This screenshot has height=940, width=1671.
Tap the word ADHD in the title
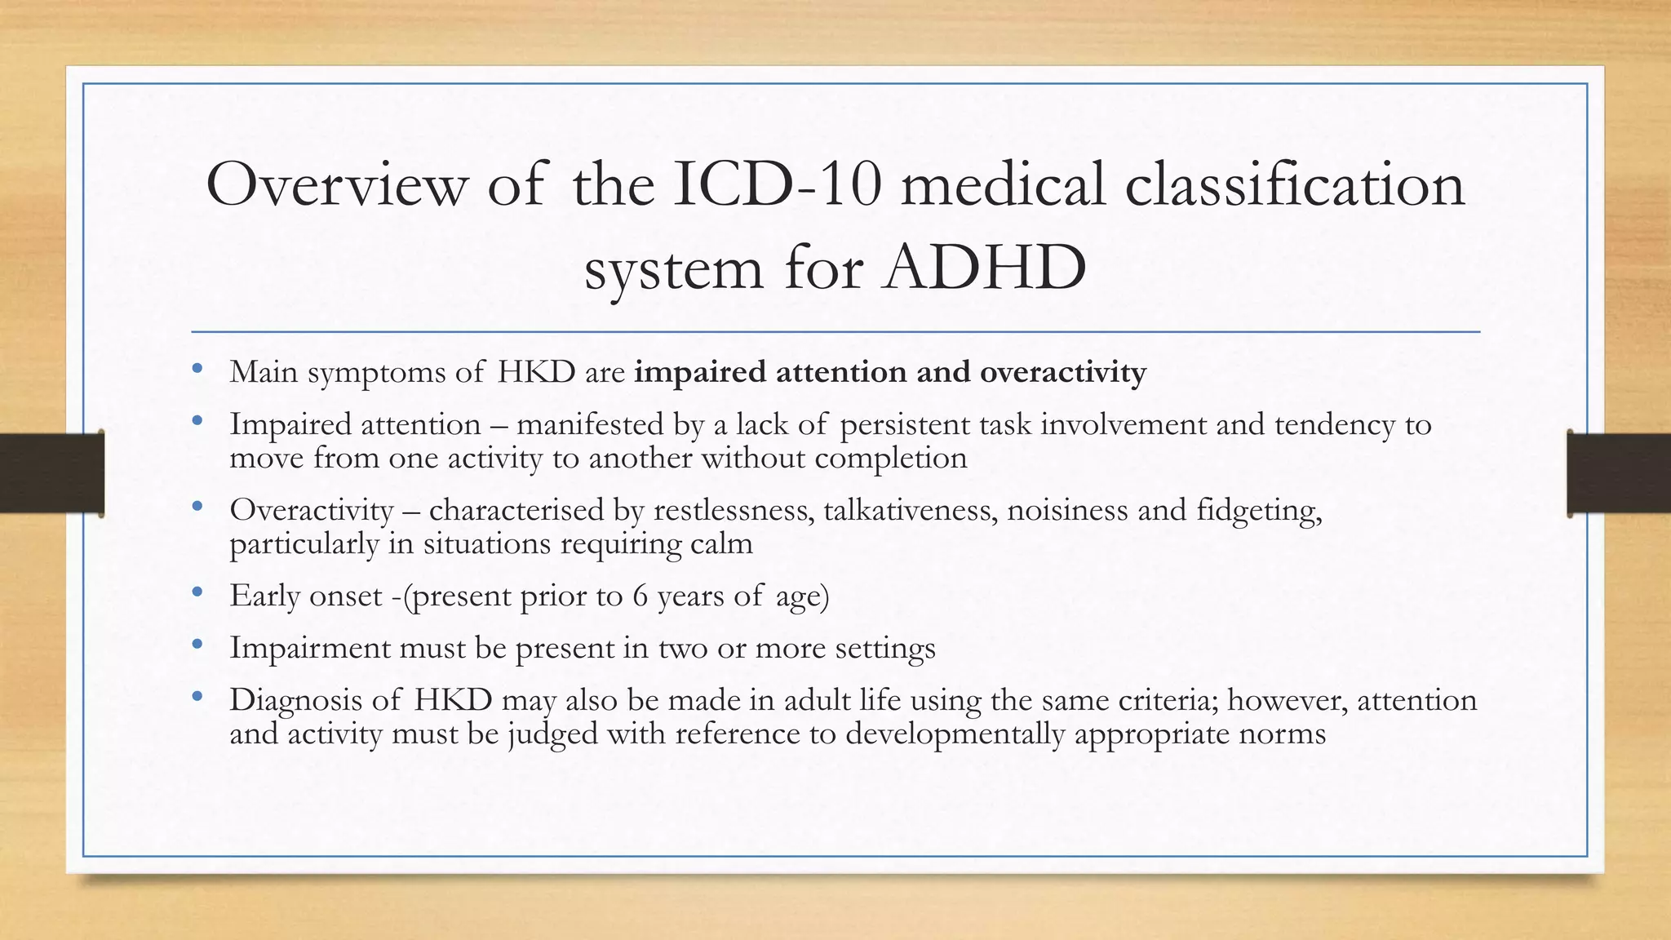pos(985,268)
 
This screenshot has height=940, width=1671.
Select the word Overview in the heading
pos(337,184)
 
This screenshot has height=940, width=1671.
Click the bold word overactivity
pos(1062,372)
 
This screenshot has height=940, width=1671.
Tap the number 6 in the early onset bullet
pos(640,596)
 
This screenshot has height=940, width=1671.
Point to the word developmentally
pos(955,734)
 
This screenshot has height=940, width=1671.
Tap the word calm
pos(721,543)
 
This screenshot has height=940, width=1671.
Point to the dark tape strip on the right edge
pos(1619,473)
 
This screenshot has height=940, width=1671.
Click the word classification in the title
pos(1295,184)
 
